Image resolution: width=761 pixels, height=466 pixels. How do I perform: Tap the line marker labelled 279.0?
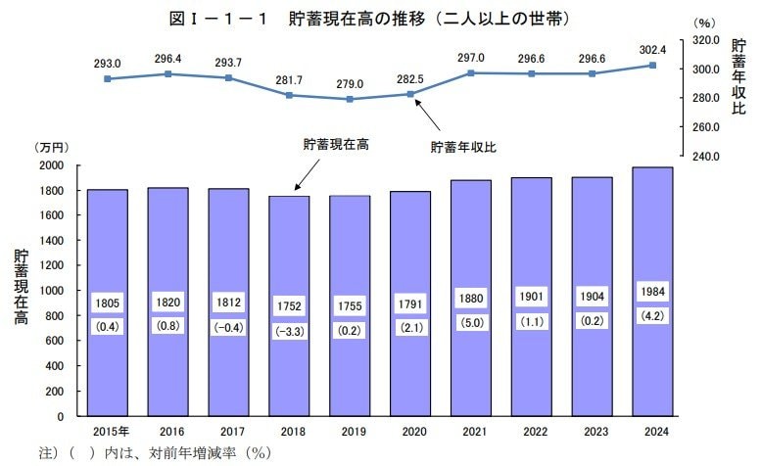tap(350, 99)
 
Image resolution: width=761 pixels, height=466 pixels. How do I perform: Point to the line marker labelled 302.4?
tap(652, 66)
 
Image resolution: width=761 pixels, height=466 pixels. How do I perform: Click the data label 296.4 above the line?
tap(167, 59)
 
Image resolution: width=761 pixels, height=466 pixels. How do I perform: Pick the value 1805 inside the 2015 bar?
tap(108, 303)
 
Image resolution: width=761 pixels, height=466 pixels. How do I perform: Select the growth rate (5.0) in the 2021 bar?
tap(470, 319)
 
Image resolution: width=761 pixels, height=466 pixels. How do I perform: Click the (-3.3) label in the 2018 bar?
tap(289, 330)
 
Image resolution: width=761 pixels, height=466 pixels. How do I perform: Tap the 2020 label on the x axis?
tap(410, 432)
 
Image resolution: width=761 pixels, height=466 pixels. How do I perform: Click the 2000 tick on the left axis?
tap(49, 164)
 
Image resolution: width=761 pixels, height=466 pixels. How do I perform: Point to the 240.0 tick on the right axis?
tap(706, 156)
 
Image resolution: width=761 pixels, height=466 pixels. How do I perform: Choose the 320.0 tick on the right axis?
tap(706, 40)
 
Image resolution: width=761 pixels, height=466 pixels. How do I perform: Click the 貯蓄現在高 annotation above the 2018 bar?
tap(336, 144)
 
